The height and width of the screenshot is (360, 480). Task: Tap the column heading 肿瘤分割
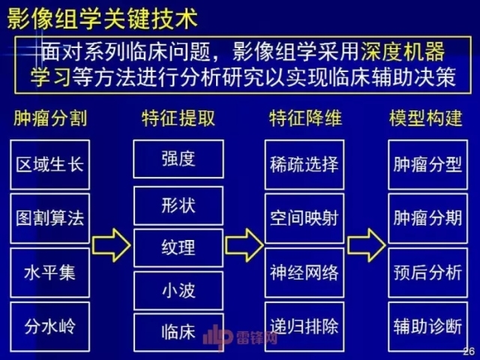click(49, 118)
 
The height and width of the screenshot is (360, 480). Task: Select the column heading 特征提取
click(178, 118)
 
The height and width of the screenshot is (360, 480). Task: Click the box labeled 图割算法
click(50, 218)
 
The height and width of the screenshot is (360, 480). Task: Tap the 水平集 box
click(50, 271)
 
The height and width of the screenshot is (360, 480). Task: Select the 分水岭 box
click(50, 326)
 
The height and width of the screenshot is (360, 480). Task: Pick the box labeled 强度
click(178, 159)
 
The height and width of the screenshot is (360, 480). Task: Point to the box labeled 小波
click(178, 289)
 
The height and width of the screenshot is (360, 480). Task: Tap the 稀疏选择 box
click(304, 164)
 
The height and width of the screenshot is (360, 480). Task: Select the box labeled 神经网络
click(304, 271)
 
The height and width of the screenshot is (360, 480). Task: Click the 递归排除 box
click(304, 326)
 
